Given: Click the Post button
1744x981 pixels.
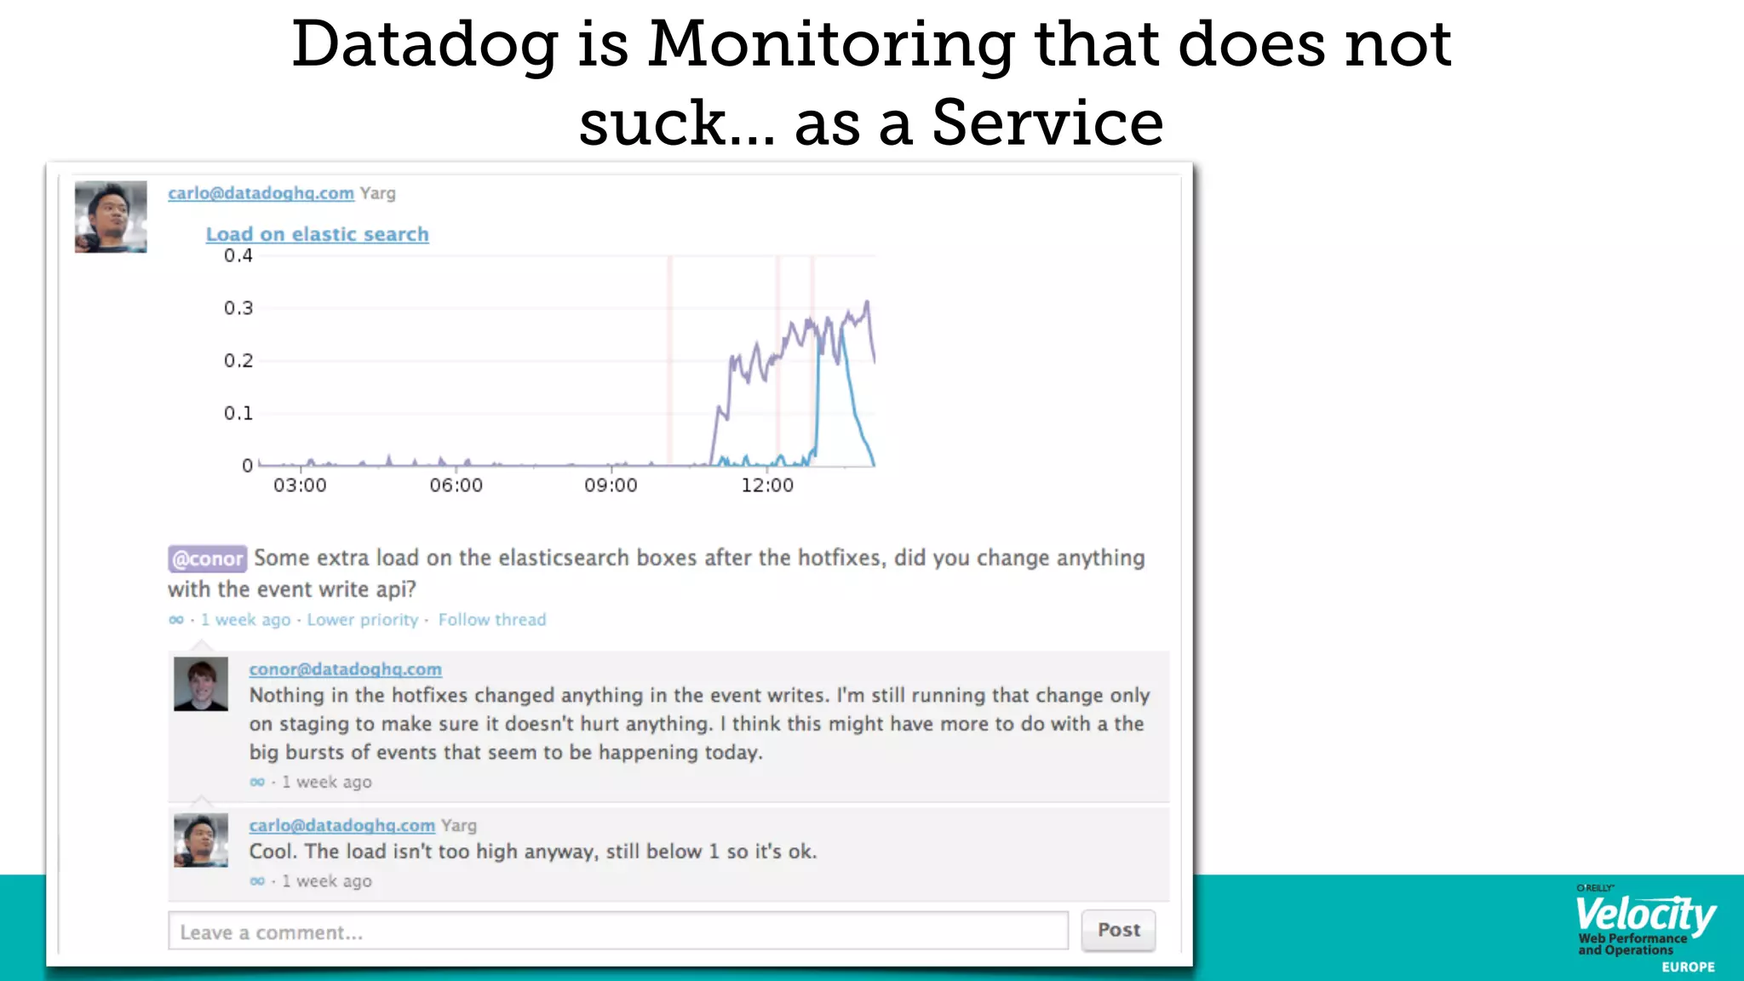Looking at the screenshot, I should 1118,930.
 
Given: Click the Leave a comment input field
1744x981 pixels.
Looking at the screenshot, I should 617,932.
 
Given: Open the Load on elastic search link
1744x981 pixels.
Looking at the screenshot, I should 317,234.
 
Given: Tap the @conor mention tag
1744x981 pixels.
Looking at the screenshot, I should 207,559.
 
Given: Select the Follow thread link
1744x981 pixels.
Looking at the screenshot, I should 492,620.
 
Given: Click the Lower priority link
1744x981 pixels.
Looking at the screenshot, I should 363,620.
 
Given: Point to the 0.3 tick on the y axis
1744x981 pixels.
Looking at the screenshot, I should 238,308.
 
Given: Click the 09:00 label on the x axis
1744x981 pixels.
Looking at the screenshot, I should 611,485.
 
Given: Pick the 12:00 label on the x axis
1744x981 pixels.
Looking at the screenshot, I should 766,485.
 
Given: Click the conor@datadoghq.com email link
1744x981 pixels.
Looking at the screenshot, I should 345,669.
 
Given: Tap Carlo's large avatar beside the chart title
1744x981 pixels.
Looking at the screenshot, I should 111,216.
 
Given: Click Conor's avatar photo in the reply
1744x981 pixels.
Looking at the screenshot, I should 201,684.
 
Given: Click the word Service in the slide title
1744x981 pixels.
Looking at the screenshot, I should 1047,123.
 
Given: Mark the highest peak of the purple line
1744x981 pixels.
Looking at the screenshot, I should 867,301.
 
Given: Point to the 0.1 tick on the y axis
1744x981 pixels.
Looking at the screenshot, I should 238,414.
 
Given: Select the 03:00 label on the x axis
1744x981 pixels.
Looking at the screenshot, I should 300,485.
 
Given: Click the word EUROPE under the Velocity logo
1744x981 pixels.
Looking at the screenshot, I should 1688,967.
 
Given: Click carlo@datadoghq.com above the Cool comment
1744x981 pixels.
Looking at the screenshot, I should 341,825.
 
